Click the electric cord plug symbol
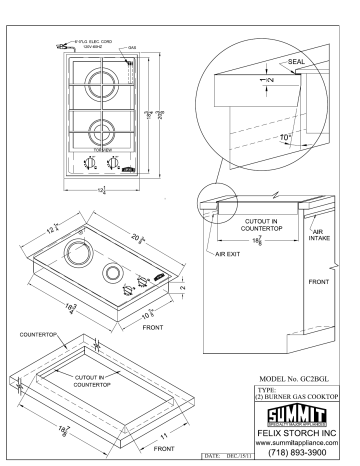click(62, 46)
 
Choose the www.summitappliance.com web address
click(305, 437)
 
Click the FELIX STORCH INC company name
click(305, 424)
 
